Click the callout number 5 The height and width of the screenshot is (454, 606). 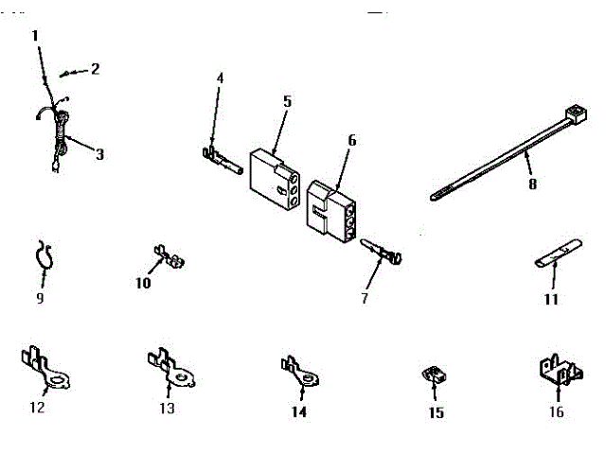point(287,99)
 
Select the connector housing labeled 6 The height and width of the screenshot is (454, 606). point(330,209)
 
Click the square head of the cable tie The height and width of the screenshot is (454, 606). point(571,116)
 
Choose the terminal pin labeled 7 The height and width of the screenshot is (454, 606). point(384,253)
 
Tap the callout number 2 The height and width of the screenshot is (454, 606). point(95,68)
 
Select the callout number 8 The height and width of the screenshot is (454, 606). point(532,184)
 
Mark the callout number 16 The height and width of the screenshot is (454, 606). point(556,412)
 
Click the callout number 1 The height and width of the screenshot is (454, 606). point(35,36)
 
